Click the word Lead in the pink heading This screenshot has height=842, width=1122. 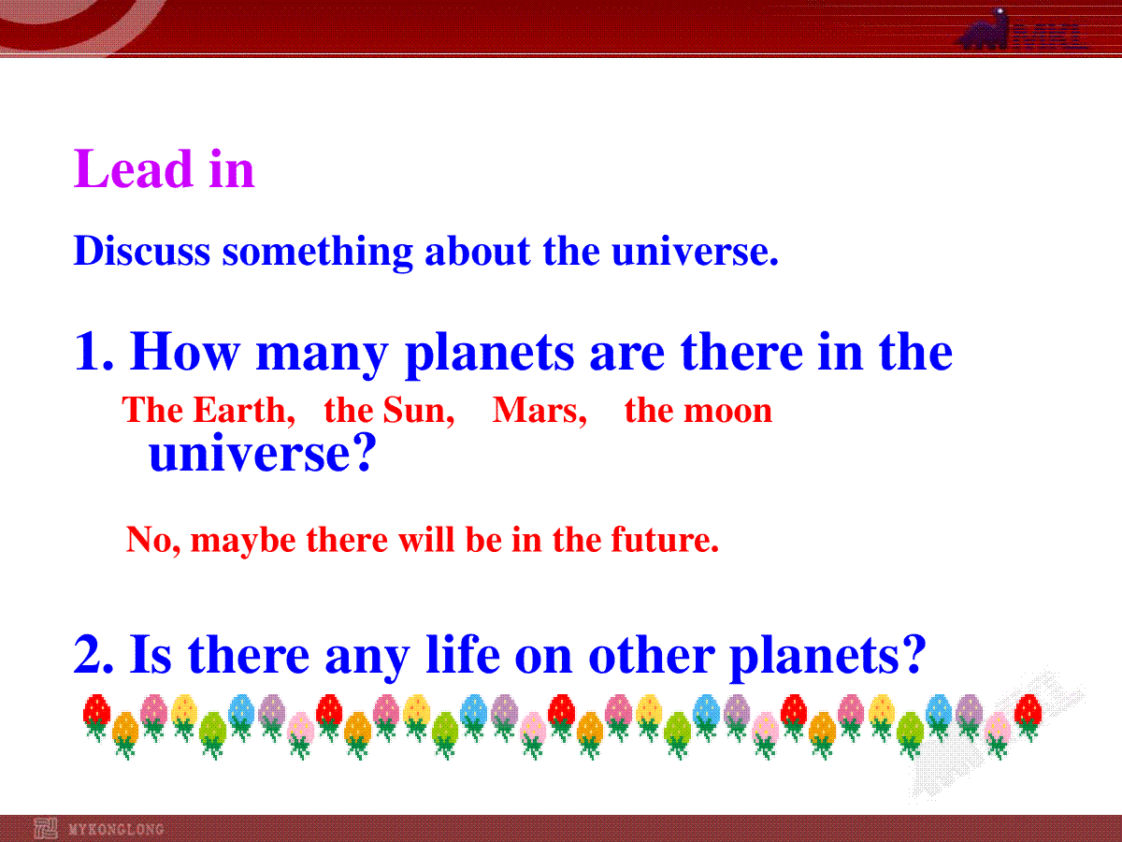tap(134, 168)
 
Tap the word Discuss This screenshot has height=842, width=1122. tap(142, 251)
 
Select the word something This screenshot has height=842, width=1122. tap(317, 253)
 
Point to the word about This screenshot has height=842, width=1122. tap(478, 251)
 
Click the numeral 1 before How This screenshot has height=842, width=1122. tap(88, 351)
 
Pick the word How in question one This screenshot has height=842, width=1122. tap(184, 351)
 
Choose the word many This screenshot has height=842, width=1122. tap(322, 356)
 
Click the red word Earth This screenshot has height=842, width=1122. tap(244, 410)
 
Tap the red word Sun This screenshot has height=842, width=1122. tap(419, 410)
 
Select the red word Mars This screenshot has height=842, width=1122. tap(539, 410)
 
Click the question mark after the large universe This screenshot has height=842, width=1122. tap(366, 452)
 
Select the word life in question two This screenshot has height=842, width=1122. tap(463, 653)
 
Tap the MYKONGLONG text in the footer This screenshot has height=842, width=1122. tap(116, 829)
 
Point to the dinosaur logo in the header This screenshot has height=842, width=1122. tap(984, 31)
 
